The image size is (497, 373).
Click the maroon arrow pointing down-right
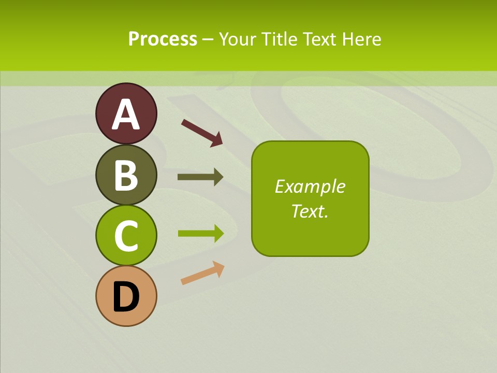click(202, 132)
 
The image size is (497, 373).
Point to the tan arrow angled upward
click(202, 273)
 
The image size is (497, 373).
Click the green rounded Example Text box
click(310, 228)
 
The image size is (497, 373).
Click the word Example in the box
click(310, 187)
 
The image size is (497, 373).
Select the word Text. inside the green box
click(310, 211)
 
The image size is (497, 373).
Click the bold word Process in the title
click(163, 39)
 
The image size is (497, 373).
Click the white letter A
click(126, 114)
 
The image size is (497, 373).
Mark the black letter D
click(126, 297)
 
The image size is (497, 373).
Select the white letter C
click(126, 236)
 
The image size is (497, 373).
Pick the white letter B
click(126, 175)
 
